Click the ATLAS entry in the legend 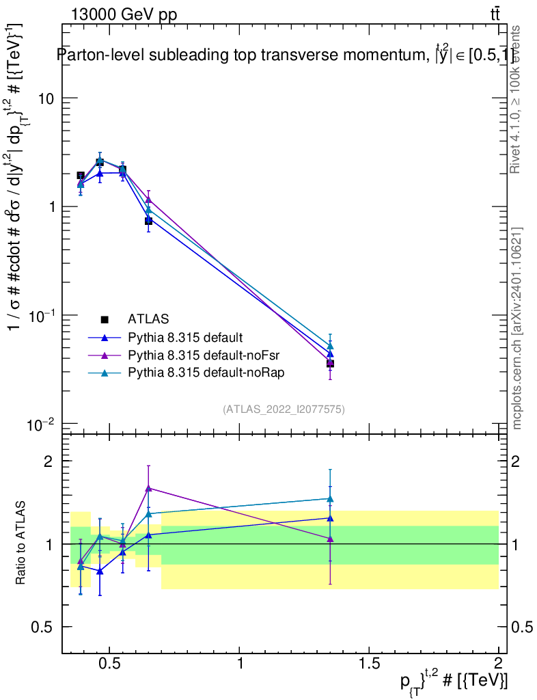coord(148,319)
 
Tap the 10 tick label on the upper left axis coord(45,98)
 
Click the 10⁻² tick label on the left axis coord(42,425)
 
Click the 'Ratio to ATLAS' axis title coord(21,543)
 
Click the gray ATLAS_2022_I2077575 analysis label coord(284,409)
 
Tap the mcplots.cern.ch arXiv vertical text coord(517,329)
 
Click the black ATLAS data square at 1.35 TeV coord(330,364)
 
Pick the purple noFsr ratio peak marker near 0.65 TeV coord(148,487)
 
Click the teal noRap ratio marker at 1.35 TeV coord(330,499)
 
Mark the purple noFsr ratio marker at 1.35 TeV coord(330,539)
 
